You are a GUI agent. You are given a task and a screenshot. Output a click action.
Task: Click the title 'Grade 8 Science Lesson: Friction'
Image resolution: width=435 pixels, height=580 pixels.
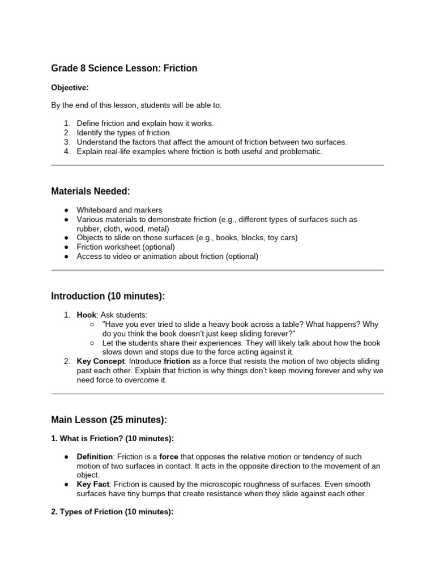[x=124, y=69]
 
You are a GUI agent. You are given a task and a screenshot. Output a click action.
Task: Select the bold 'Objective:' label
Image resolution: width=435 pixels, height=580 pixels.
[x=70, y=88]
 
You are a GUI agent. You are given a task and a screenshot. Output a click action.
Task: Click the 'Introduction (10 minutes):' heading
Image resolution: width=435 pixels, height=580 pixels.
[x=108, y=296]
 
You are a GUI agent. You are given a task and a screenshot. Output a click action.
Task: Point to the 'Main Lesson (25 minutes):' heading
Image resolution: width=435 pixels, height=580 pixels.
[x=109, y=420]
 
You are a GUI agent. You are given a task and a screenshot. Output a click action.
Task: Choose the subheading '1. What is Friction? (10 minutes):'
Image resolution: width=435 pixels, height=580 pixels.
[x=113, y=439]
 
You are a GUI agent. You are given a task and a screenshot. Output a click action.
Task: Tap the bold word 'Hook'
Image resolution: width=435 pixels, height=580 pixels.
[x=87, y=315]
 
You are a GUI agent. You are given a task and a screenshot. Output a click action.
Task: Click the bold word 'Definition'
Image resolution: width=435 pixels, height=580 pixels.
[x=95, y=457]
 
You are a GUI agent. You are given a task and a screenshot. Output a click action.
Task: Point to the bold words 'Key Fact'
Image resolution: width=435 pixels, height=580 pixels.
[x=93, y=485]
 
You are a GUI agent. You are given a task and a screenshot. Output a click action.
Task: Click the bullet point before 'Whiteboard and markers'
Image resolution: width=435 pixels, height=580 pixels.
[x=66, y=210]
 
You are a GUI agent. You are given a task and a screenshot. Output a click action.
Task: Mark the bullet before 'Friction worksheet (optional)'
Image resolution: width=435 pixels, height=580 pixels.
[x=66, y=247]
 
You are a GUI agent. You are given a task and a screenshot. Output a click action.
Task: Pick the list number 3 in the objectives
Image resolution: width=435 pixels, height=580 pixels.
[x=66, y=142]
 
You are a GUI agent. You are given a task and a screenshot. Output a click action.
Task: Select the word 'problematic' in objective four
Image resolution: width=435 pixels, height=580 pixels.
[x=301, y=151]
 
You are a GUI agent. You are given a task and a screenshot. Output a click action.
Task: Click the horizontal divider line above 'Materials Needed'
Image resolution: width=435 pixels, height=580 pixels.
[x=217, y=165]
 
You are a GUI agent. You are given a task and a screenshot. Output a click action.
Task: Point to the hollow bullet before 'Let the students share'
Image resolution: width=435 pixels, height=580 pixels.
[x=92, y=343]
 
